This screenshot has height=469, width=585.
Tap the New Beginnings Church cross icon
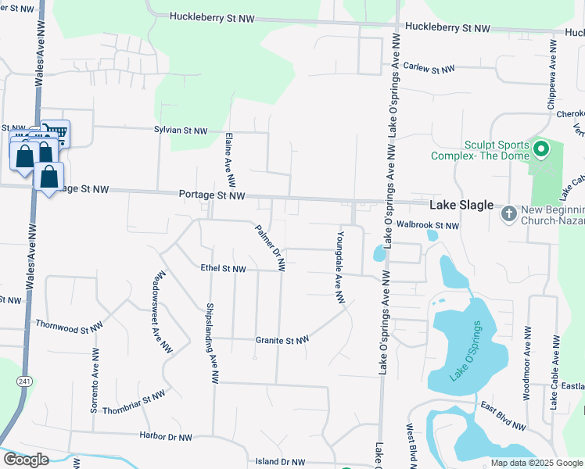[508, 213]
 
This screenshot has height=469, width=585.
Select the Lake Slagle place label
[461, 205]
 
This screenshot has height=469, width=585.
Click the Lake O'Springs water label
[467, 351]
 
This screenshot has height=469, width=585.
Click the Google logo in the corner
[26, 460]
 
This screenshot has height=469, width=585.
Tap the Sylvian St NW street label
[181, 131]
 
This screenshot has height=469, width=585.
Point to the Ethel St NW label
[223, 269]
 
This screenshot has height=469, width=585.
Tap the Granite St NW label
[282, 340]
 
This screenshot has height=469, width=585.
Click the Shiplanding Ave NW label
[210, 342]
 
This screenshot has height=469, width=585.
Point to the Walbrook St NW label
[428, 225]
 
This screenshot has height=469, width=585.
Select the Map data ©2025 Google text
[537, 463]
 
